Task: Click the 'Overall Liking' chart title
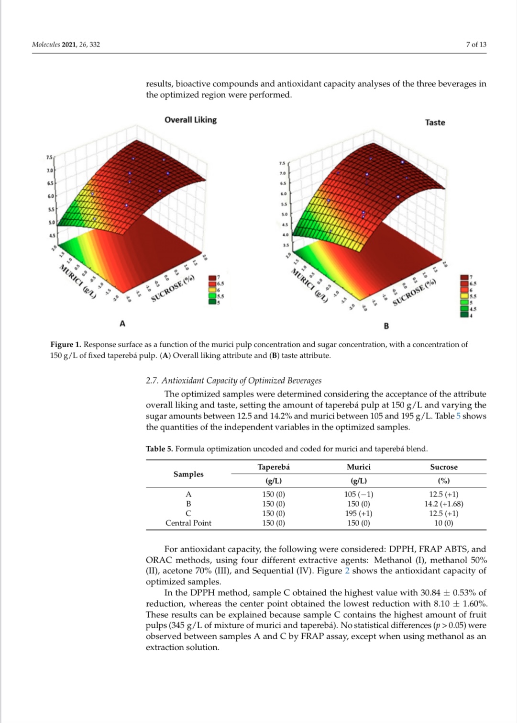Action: pyautogui.click(x=190, y=120)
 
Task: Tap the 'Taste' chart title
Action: pyautogui.click(x=435, y=123)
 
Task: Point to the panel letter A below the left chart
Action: pyautogui.click(x=122, y=324)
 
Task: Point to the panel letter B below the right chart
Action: pyautogui.click(x=386, y=326)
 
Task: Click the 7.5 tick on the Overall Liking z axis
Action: pyautogui.click(x=49, y=158)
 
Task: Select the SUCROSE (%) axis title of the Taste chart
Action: pyautogui.click(x=414, y=292)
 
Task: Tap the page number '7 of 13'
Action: pyautogui.click(x=476, y=45)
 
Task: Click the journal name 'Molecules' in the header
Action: pyautogui.click(x=46, y=45)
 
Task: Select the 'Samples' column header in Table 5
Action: pyautogui.click(x=188, y=474)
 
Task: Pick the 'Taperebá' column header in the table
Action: pyautogui.click(x=274, y=467)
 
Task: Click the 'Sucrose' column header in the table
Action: pyautogui.click(x=443, y=467)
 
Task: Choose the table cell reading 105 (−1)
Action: pyautogui.click(x=358, y=494)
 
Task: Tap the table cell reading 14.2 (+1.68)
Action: pyautogui.click(x=443, y=504)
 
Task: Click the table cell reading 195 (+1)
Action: pyautogui.click(x=358, y=513)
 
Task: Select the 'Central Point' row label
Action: pyautogui.click(x=188, y=523)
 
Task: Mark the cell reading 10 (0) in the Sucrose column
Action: pyautogui.click(x=443, y=523)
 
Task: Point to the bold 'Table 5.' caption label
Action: pyautogui.click(x=159, y=449)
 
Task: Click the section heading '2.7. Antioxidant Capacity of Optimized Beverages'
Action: pyautogui.click(x=233, y=381)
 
